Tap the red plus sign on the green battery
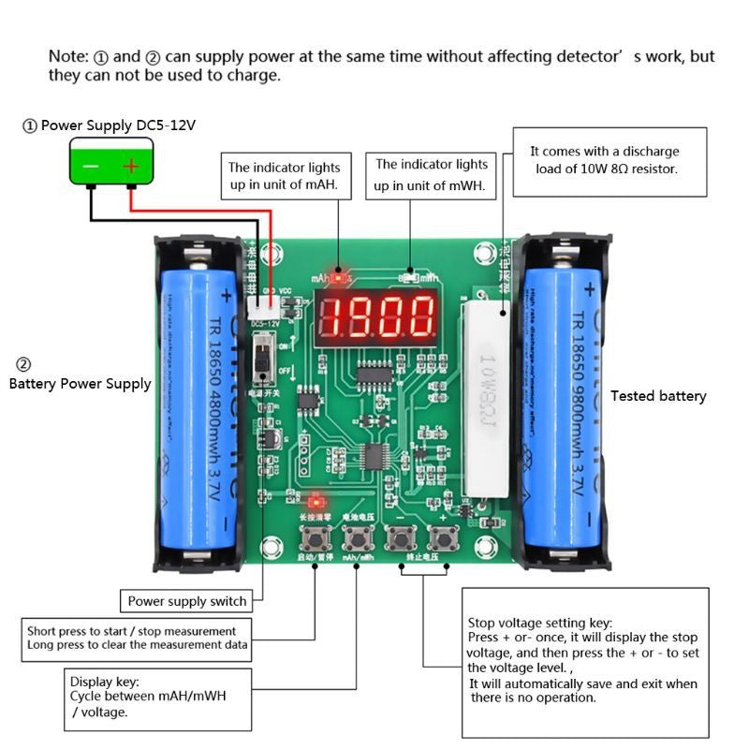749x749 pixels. pos(132,166)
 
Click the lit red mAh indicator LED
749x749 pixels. pos(337,277)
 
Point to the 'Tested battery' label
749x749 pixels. pos(658,396)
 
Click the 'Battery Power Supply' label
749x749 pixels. pos(80,383)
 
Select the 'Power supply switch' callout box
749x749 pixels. pos(187,601)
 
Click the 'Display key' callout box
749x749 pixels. pos(160,698)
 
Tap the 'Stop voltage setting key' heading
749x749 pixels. pos(539,623)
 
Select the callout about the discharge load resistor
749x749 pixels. pos(609,160)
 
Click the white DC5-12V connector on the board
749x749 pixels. pos(266,303)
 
